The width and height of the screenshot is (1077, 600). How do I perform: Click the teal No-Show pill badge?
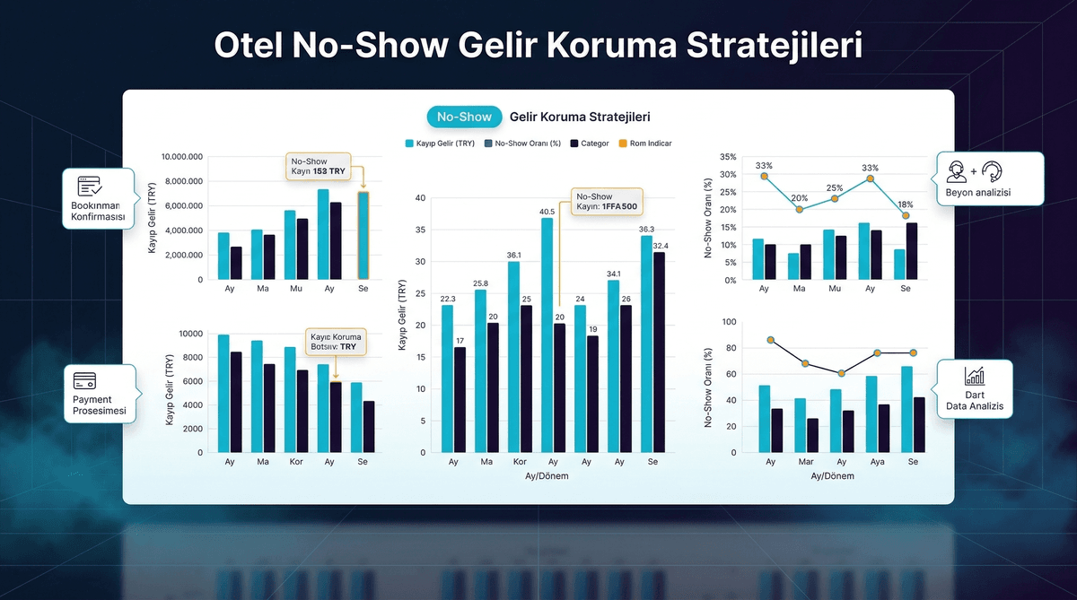click(464, 117)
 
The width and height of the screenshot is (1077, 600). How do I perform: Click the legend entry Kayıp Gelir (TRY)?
click(439, 143)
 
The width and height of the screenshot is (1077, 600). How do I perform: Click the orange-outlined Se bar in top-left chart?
click(363, 235)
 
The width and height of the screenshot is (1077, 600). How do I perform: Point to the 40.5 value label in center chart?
click(547, 213)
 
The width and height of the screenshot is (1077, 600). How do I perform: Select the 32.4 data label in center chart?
click(660, 246)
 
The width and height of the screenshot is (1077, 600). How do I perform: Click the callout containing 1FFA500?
click(607, 201)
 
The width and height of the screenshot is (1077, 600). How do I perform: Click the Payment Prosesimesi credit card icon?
click(85, 379)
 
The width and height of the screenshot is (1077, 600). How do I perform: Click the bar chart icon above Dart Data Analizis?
click(974, 377)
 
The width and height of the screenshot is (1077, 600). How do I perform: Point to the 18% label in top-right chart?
click(906, 204)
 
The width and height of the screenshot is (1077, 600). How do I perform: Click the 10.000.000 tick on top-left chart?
click(182, 157)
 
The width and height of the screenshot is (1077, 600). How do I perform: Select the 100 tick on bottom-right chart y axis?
click(728, 322)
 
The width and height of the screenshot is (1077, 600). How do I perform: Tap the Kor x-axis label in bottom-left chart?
click(295, 462)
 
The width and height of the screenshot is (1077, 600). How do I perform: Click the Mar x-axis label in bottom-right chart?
click(806, 462)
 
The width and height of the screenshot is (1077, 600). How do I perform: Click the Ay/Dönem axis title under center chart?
click(547, 476)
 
